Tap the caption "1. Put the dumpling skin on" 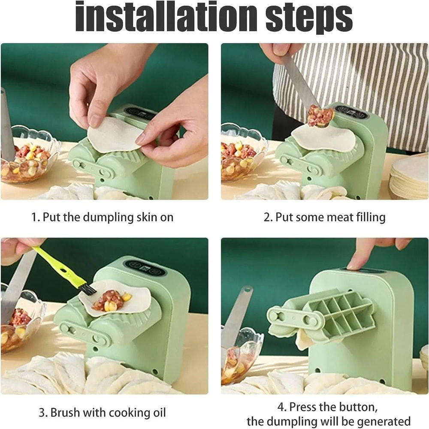[102, 217]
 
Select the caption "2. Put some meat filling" [324, 217]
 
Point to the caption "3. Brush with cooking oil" [102, 413]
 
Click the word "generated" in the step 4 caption [372, 421]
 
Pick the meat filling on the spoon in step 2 [320, 115]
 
